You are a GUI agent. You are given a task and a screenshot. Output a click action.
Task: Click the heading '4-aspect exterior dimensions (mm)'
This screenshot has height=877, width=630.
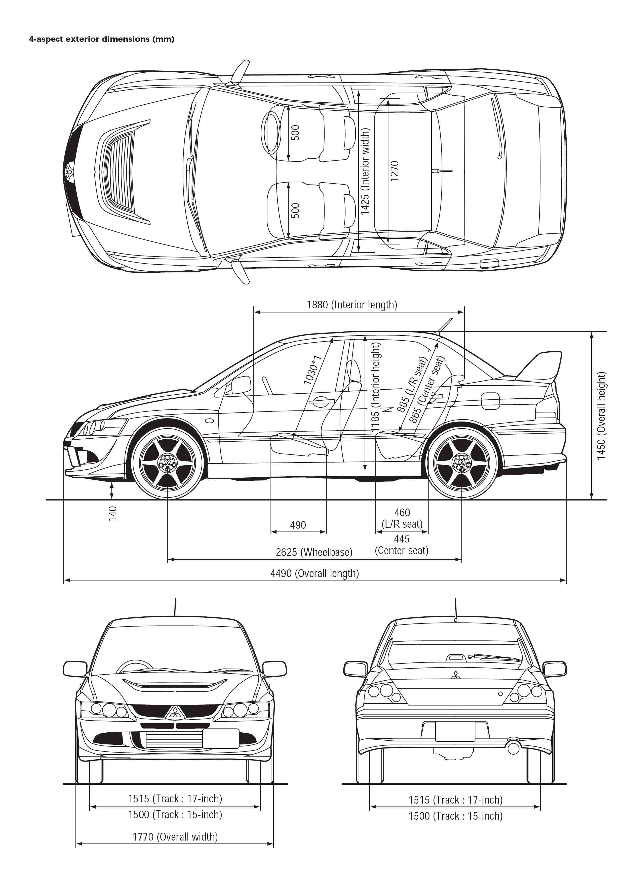pos(102,39)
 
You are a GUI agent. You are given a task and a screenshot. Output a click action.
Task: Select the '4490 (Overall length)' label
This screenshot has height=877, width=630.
pos(314,573)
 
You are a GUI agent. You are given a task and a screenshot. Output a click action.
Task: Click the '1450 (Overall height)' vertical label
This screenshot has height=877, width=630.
pos(601,416)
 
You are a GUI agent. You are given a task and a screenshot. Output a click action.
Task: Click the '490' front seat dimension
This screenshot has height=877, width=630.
pos(298,525)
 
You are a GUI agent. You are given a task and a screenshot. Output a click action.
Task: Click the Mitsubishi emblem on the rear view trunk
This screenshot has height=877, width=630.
pos(455,674)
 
